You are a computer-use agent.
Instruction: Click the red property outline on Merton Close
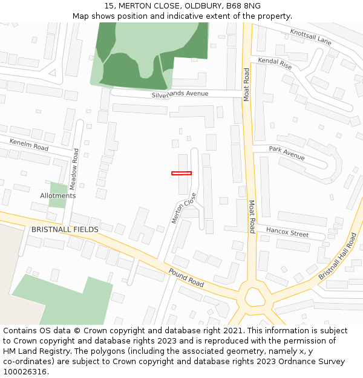pyautogui.click(x=181, y=174)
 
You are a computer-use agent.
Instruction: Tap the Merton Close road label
pyautogui.click(x=184, y=208)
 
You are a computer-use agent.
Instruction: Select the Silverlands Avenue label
pyautogui.click(x=180, y=94)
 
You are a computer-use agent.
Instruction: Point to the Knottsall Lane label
pyautogui.click(x=310, y=37)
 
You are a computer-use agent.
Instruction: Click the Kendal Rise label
pyautogui.click(x=275, y=63)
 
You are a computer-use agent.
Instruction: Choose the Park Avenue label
pyautogui.click(x=287, y=152)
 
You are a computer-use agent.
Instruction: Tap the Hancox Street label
pyautogui.click(x=287, y=232)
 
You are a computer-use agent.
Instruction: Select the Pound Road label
pyautogui.click(x=186, y=277)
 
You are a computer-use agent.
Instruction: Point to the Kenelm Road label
pyautogui.click(x=29, y=145)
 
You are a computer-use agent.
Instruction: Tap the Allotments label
pyautogui.click(x=58, y=196)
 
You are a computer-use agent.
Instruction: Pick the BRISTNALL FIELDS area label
pyautogui.click(x=65, y=230)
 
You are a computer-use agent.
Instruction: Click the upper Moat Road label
pyautogui.click(x=246, y=85)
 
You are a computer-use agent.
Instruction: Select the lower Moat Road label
pyautogui.click(x=252, y=217)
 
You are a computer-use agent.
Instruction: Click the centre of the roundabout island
pyautogui.click(x=254, y=297)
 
